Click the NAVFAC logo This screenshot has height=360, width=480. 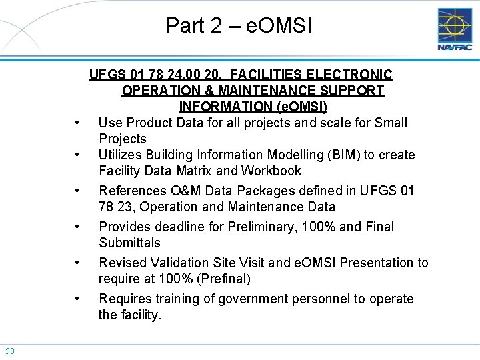[455, 29]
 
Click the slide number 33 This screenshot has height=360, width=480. [10, 351]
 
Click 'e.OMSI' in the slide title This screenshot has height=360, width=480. [279, 26]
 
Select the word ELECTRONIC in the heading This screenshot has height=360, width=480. [355, 75]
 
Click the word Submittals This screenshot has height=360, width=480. [129, 243]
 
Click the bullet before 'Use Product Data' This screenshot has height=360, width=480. [79, 123]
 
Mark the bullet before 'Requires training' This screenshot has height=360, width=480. [79, 299]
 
